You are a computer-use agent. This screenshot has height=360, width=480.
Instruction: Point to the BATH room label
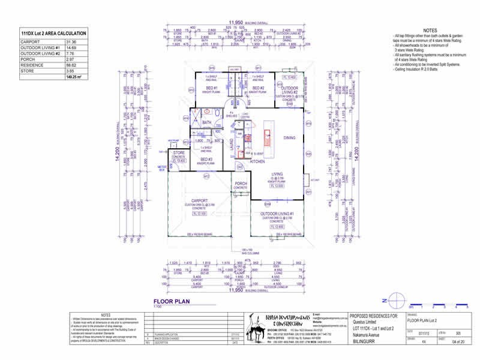(207, 122)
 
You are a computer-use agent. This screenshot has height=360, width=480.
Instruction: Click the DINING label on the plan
(289, 138)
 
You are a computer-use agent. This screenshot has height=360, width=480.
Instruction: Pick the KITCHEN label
(257, 161)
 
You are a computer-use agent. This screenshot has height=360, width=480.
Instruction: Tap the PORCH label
(241, 184)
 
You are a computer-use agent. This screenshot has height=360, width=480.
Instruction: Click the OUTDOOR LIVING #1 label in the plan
(277, 214)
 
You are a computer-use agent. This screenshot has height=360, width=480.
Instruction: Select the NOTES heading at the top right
(430, 29)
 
